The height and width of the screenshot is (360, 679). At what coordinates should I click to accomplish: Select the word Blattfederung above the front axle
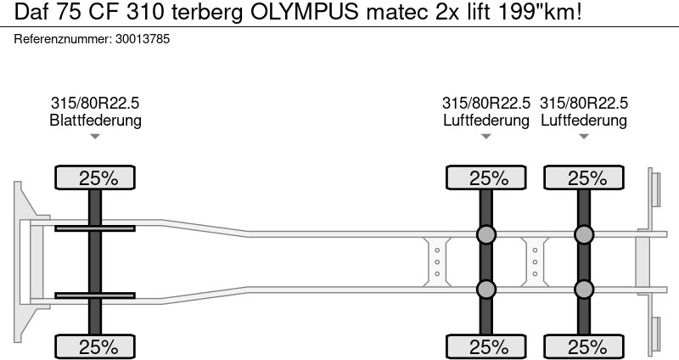pos(95,121)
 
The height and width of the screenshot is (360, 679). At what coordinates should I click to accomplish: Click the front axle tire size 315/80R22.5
pos(95,103)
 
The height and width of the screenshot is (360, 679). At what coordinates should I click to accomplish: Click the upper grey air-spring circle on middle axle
pos(486,235)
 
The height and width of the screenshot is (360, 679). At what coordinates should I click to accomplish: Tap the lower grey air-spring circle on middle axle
pos(486,290)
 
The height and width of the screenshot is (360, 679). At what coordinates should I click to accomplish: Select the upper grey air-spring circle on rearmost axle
pos(584,235)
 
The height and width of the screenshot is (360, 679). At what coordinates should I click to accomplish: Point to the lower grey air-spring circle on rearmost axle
pos(584,290)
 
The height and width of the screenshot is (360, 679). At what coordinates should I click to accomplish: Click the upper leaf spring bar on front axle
pos(95,228)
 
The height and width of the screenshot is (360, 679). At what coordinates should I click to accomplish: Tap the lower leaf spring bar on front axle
pos(95,295)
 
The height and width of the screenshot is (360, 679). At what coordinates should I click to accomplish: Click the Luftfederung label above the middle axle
pos(486,121)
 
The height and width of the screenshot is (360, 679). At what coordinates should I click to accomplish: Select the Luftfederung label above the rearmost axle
pos(584,121)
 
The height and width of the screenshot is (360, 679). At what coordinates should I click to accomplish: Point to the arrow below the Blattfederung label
pos(95,136)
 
